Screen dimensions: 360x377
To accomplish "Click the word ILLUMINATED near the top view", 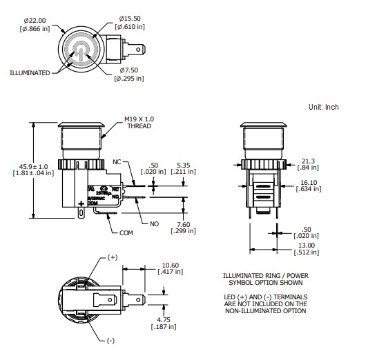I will click(x=30, y=72).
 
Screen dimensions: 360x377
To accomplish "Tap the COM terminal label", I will click(x=126, y=232).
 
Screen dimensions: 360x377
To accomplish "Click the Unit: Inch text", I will click(x=324, y=107).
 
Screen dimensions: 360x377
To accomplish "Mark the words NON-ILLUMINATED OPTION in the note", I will click(x=265, y=311).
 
